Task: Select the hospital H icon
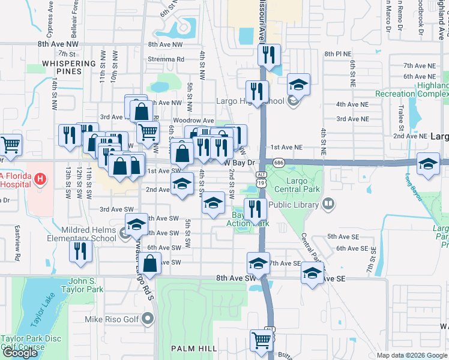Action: click(40, 178)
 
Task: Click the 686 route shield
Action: click(278, 163)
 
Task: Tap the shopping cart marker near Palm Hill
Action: click(262, 341)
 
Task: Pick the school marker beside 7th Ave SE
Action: click(312, 274)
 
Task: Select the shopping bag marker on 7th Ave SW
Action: click(151, 262)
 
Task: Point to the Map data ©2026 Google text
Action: click(412, 355)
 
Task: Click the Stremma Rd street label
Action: click(166, 59)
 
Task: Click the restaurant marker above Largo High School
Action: click(268, 55)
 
